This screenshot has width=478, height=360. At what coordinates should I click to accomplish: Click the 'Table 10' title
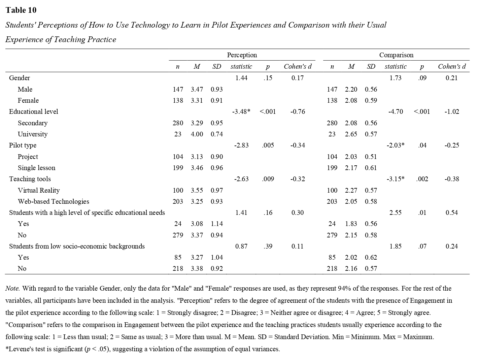coord(21,10)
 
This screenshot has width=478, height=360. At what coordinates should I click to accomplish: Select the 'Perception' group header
coord(242,55)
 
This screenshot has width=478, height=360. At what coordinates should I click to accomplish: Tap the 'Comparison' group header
coord(396,55)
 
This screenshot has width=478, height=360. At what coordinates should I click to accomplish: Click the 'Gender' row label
coord(20,78)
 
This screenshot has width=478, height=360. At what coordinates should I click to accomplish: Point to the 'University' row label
coord(33,134)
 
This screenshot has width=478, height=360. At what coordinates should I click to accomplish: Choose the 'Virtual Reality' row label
coord(39,190)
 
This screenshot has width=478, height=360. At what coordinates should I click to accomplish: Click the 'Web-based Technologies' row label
coord(54,201)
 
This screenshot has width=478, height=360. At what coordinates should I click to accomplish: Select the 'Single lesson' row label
coord(36,168)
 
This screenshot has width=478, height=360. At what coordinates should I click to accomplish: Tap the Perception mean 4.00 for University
coord(197,134)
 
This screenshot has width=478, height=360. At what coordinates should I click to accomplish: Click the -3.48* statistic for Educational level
coord(241,111)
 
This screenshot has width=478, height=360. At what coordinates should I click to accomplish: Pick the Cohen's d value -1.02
coord(451,111)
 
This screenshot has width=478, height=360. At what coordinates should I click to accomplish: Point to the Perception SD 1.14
coord(217,224)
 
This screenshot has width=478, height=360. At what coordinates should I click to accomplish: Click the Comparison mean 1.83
coord(351,224)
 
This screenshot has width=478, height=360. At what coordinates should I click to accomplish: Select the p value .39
coord(268,246)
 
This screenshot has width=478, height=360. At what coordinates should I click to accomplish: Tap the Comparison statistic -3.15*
coord(396,179)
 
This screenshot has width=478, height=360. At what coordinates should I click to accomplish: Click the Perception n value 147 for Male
coord(178,89)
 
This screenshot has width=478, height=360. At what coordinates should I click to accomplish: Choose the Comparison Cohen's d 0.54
coord(451,212)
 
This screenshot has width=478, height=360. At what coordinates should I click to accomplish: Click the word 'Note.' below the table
coord(12,288)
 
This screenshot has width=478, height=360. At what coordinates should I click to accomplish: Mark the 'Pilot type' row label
coord(23,145)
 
